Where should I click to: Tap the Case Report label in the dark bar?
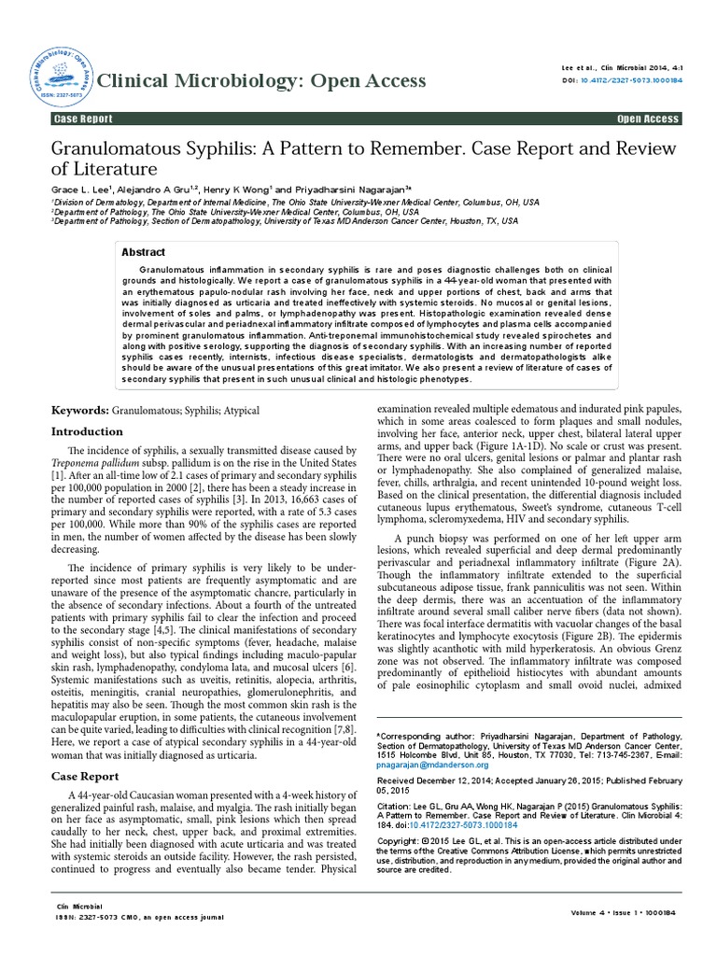coord(85,119)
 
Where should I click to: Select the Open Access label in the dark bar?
coord(648,119)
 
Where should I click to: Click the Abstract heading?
coord(144,252)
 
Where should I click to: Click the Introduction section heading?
coord(87,431)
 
